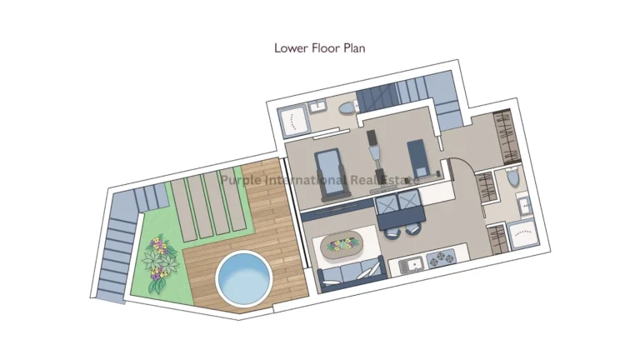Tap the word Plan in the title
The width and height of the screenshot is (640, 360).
(352, 48)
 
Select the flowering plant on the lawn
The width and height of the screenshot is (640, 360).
(158, 260)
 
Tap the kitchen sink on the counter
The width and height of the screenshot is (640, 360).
(412, 265)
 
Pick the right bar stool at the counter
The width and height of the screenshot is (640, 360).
(412, 228)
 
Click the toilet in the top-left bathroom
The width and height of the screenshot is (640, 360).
(347, 106)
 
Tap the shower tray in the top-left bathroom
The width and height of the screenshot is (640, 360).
(293, 122)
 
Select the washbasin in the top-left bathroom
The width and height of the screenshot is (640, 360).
(318, 106)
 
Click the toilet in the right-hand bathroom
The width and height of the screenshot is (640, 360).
(511, 177)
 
